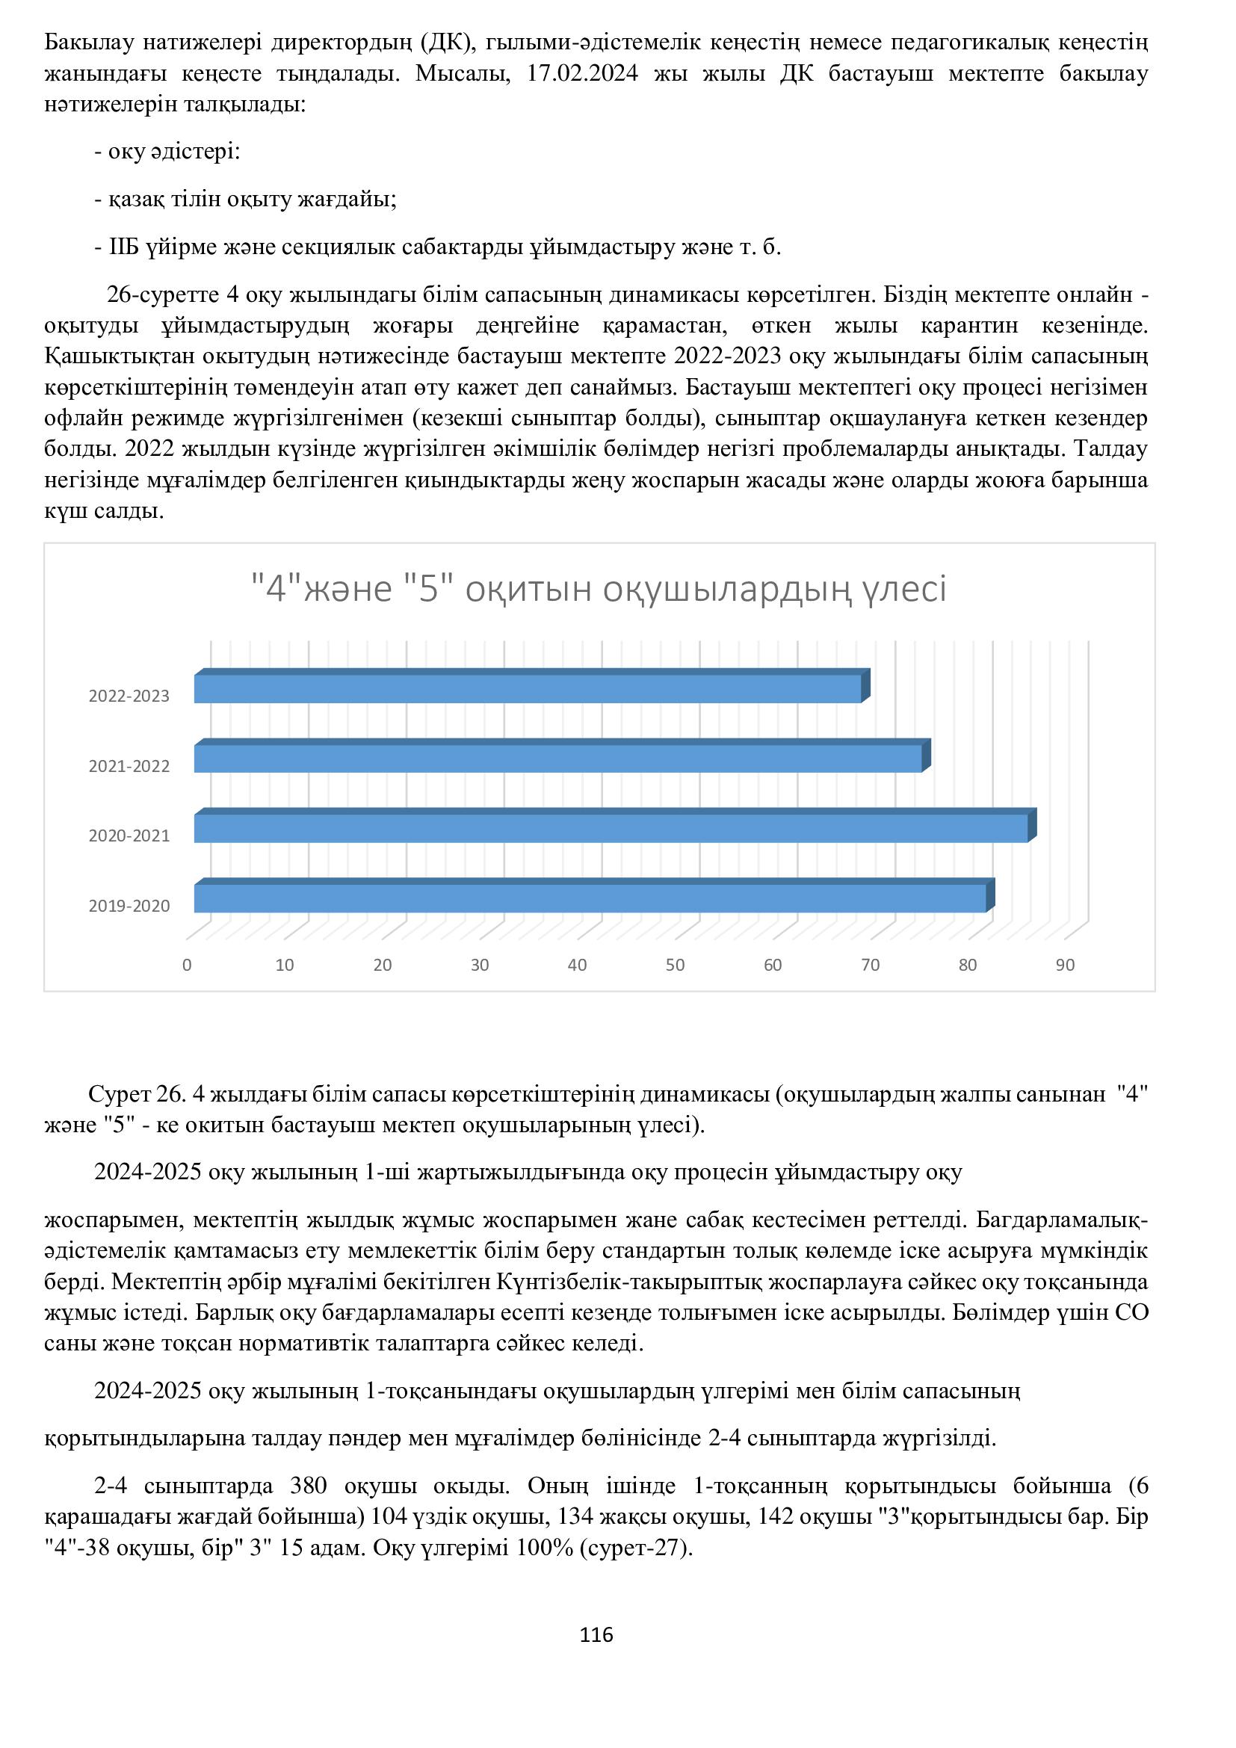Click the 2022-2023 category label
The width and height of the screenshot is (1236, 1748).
[129, 696]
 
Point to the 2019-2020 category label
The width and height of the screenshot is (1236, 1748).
[129, 906]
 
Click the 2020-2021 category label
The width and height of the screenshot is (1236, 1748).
[129, 836]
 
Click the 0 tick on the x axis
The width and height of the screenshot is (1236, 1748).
[187, 966]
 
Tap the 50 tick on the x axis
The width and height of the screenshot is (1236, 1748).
[675, 966]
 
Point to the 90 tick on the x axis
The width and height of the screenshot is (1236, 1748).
[1065, 966]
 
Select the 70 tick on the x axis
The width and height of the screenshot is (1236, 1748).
[870, 966]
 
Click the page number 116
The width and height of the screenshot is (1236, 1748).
[596, 1634]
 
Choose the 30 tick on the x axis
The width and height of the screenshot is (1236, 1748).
[480, 966]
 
